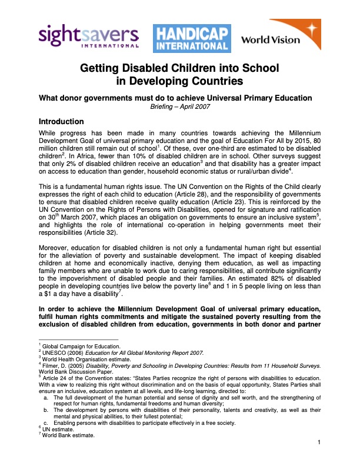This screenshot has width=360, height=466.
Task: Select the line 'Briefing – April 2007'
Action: pyautogui.click(x=180, y=108)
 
